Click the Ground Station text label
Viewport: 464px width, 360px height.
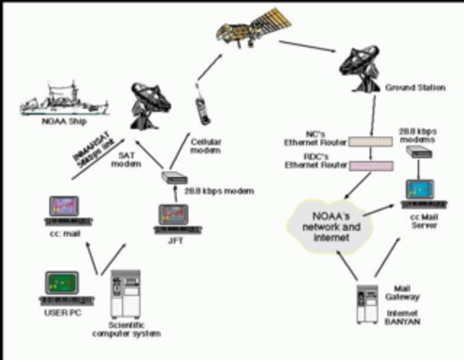415,88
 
